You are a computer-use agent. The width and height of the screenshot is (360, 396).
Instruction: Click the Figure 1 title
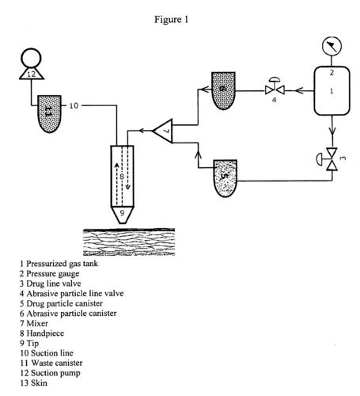pyautogui.click(x=171, y=20)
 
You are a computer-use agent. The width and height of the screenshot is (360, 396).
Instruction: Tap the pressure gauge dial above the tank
pyautogui.click(x=332, y=46)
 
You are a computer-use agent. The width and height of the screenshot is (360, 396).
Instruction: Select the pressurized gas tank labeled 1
pyautogui.click(x=332, y=90)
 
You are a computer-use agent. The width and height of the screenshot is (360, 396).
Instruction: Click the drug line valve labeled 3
pyautogui.click(x=329, y=159)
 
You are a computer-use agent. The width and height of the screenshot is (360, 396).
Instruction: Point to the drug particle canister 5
pyautogui.click(x=225, y=178)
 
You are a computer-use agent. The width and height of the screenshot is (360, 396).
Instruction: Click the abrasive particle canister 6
pyautogui.click(x=223, y=90)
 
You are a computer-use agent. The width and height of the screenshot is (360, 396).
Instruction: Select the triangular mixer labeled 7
pyautogui.click(x=163, y=131)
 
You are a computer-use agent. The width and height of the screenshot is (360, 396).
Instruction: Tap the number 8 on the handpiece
pyautogui.click(x=122, y=176)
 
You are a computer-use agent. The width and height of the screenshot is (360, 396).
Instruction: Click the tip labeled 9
pyautogui.click(x=122, y=215)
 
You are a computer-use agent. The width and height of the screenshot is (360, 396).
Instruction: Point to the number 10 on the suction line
pyautogui.click(x=74, y=105)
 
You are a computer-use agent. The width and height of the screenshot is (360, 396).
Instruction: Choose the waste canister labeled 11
pyautogui.click(x=50, y=114)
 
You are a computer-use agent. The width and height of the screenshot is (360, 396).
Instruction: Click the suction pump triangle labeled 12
pyautogui.click(x=32, y=73)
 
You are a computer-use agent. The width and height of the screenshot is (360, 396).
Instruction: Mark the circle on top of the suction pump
pyautogui.click(x=31, y=58)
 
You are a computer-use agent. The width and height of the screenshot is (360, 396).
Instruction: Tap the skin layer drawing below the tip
pyautogui.click(x=129, y=242)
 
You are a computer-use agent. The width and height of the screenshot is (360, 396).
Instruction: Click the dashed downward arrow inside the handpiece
pyautogui.click(x=128, y=168)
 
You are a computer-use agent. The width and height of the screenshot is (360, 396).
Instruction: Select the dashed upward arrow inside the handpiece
pyautogui.click(x=116, y=184)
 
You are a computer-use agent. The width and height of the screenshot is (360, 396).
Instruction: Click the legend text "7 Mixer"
pyautogui.click(x=34, y=323)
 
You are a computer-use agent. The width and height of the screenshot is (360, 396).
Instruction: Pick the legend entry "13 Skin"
pyautogui.click(x=33, y=383)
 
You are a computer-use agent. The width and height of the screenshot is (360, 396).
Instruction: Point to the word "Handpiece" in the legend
pyautogui.click(x=45, y=333)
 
